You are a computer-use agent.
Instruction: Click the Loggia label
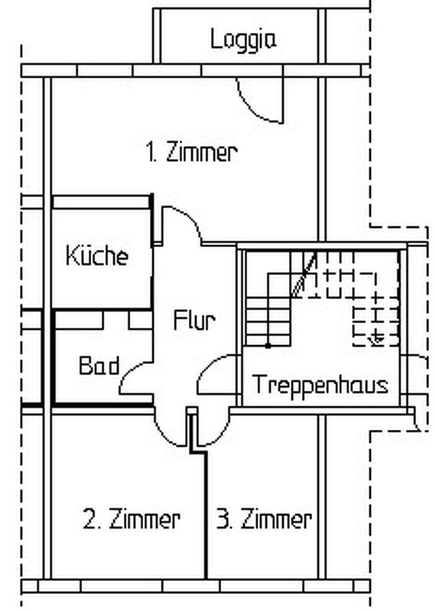(x=243, y=40)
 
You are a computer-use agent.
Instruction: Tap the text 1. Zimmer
(x=192, y=151)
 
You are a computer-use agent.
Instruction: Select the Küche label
(x=97, y=256)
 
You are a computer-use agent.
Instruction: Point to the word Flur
(x=194, y=321)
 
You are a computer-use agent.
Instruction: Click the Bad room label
(x=99, y=366)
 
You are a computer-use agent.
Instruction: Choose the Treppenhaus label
(x=320, y=385)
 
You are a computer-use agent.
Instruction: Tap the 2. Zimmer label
(x=132, y=519)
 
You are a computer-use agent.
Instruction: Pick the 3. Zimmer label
(x=264, y=519)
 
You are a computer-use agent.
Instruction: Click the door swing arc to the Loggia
(x=254, y=110)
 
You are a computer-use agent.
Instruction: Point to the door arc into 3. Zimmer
(x=220, y=435)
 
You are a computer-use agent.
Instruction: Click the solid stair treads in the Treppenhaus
(x=268, y=321)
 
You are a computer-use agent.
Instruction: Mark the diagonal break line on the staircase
(x=303, y=275)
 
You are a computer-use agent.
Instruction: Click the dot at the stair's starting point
(x=268, y=346)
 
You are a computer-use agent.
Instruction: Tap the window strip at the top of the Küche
(x=102, y=202)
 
